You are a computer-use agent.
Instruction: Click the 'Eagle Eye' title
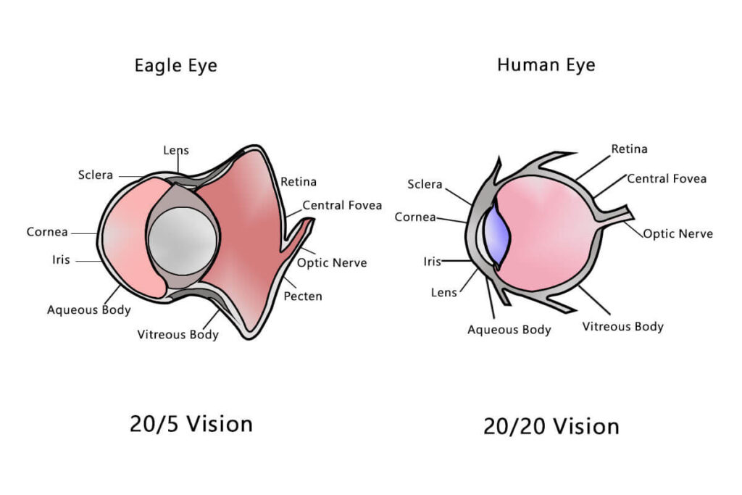[175, 65]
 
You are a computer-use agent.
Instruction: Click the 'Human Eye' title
[546, 65]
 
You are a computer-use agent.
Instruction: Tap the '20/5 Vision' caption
[191, 423]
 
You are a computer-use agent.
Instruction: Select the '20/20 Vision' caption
[551, 426]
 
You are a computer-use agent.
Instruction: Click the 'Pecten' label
[303, 296]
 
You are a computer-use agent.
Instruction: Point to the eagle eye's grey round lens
[183, 241]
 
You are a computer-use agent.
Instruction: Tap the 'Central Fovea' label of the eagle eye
[341, 205]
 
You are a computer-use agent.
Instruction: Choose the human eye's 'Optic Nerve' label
[678, 233]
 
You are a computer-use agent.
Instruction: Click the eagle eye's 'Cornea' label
[47, 232]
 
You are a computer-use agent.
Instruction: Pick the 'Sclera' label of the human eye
[425, 184]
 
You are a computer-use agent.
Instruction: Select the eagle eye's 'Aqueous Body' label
[89, 309]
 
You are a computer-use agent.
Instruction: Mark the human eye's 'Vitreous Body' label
[622, 326]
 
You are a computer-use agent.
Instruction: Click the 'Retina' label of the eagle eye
[298, 182]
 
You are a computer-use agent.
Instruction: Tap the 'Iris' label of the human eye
[432, 261]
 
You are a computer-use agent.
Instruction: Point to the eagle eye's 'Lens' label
[175, 150]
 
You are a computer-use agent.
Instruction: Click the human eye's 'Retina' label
[629, 149]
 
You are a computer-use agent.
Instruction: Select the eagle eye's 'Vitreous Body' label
[178, 334]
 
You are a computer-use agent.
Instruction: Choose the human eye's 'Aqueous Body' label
[509, 330]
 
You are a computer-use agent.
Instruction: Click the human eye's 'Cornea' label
[415, 217]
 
